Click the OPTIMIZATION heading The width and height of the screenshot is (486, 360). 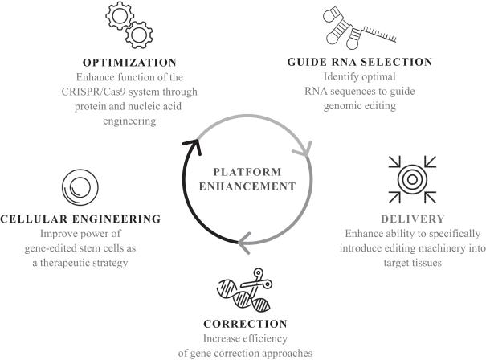point(129,63)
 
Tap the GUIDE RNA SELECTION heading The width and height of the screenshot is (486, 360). point(360,62)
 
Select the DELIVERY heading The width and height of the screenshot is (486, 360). point(413,219)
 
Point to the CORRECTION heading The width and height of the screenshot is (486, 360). point(245,324)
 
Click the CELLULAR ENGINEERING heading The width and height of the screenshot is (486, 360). point(80,219)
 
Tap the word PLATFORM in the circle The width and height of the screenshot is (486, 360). point(247,172)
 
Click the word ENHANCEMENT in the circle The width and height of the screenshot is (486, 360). point(247,186)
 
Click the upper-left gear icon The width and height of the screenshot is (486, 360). point(120,15)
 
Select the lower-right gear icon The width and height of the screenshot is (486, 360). point(139,35)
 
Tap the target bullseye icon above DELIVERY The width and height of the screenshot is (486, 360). point(412,179)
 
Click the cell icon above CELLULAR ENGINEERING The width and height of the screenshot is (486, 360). point(80,187)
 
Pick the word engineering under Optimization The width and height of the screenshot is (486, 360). point(129,121)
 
